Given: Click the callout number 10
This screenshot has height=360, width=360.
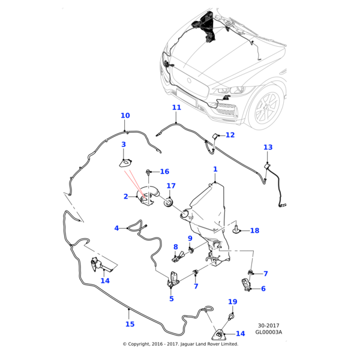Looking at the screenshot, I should (x=125, y=116).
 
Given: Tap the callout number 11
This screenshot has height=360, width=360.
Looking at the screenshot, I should (x=176, y=108).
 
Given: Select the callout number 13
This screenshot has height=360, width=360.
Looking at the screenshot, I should (x=268, y=148).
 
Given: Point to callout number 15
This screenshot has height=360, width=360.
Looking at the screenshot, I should (x=130, y=325).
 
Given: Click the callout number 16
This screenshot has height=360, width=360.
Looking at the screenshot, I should (x=164, y=172).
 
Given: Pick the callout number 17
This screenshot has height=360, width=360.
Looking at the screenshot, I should (x=171, y=186).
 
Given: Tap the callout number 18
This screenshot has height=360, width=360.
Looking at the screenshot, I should (x=254, y=230).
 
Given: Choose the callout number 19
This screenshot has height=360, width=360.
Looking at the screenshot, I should (x=233, y=301).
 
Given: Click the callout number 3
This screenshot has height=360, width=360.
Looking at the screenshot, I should (x=124, y=145).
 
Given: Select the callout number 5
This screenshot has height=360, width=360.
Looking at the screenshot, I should (x=171, y=299).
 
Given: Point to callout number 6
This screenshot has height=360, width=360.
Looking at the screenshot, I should (x=263, y=289).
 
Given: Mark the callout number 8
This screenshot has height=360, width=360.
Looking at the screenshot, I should (x=175, y=247).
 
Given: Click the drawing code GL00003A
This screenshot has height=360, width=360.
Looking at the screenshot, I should (x=269, y=331).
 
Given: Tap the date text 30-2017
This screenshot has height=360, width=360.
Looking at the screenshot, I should (x=269, y=324).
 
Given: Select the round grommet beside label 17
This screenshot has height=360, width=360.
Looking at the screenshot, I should (x=169, y=202).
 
